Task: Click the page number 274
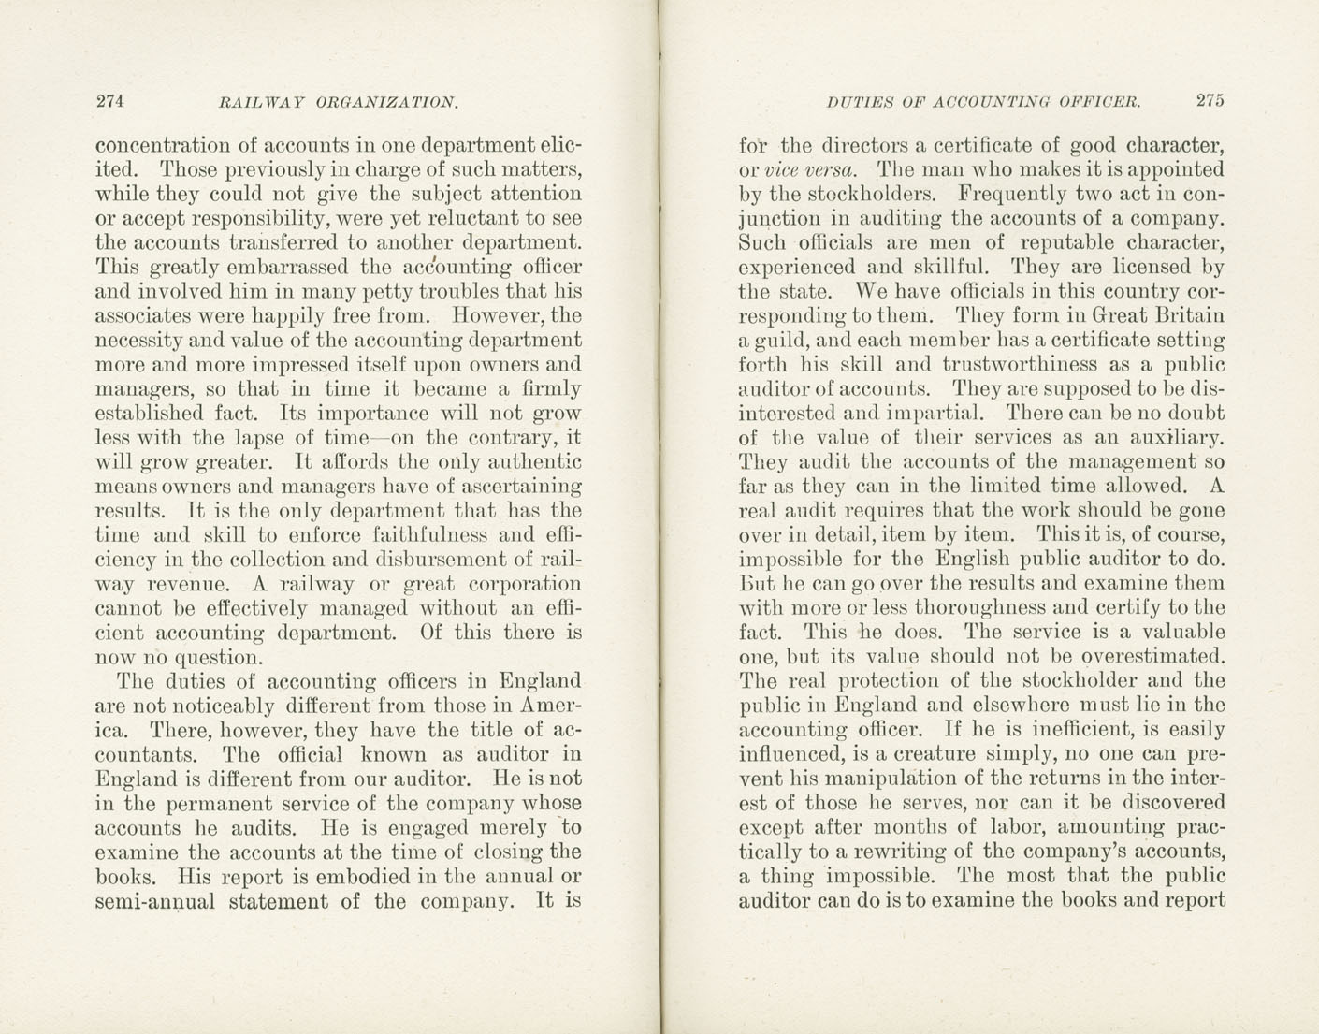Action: (x=110, y=101)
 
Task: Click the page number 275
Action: (x=1209, y=101)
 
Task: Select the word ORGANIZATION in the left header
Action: (x=386, y=102)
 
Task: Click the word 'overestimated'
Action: (x=1148, y=657)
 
